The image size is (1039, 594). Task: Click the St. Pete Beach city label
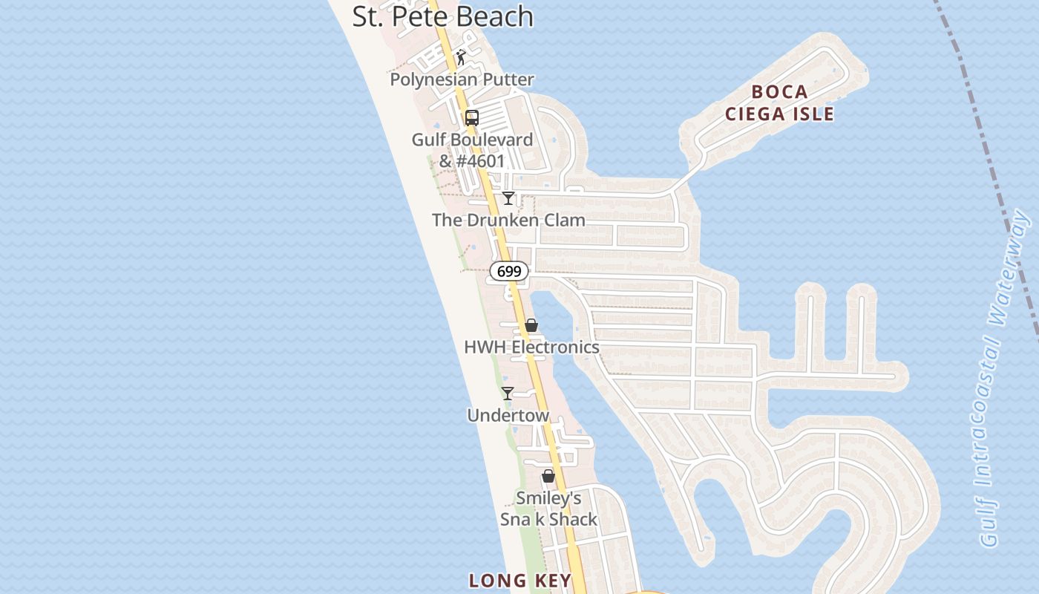coord(442,16)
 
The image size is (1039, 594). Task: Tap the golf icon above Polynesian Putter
coord(461,57)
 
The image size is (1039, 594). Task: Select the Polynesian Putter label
coord(462,79)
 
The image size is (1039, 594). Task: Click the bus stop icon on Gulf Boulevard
coord(471,117)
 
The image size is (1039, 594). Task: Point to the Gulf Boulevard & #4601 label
coord(472,150)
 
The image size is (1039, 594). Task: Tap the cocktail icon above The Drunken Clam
coord(508,198)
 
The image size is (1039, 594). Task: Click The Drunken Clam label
coord(508,220)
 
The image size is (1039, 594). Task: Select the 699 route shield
coord(508,272)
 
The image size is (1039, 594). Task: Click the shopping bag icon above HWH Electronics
coord(531,325)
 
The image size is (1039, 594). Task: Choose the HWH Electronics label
coord(531,347)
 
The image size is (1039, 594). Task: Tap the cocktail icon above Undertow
coord(508,394)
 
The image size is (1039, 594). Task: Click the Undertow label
coord(508,415)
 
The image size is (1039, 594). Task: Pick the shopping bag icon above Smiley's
coord(548,476)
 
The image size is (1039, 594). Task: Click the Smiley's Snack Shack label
coord(548,509)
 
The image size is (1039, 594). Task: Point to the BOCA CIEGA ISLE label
coord(779,102)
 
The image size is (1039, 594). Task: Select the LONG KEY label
coord(520,581)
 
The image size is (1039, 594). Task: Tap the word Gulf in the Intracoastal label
coord(989,523)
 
